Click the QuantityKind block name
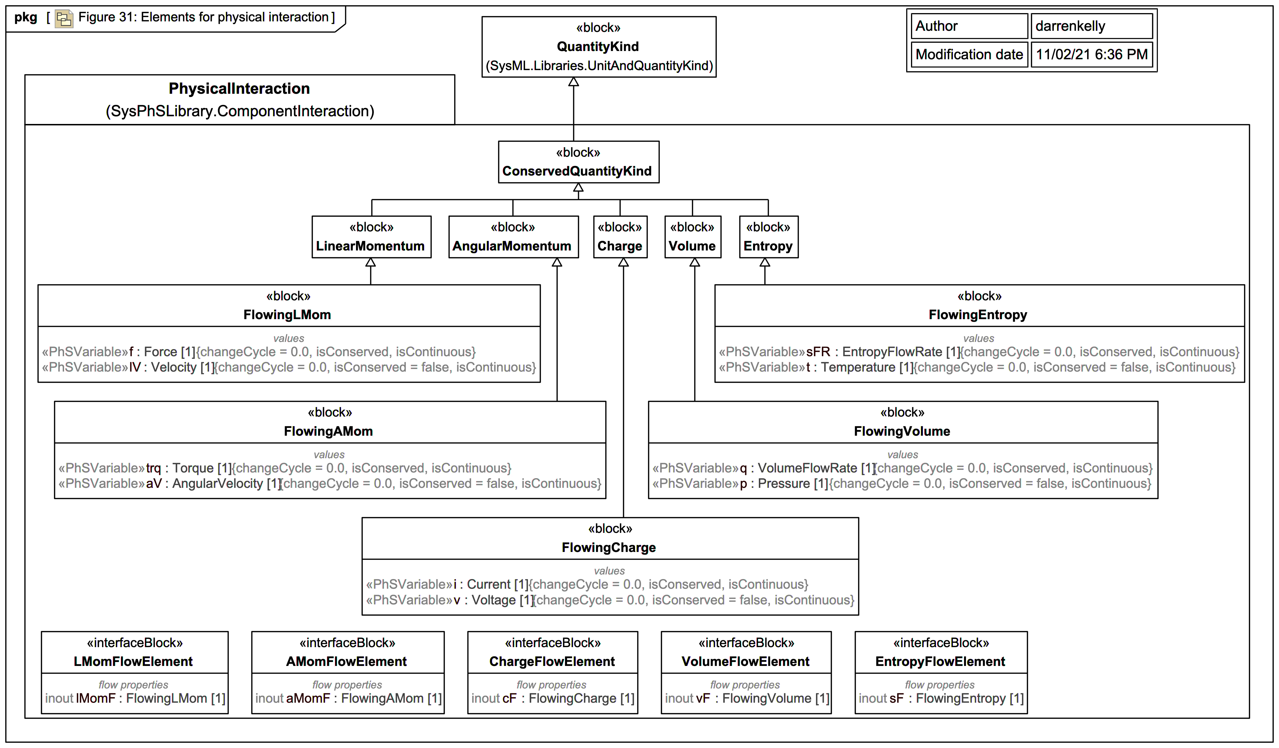(x=597, y=47)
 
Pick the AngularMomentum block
(x=513, y=237)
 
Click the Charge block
(x=620, y=237)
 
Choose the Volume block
(x=692, y=237)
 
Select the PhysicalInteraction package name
(x=239, y=89)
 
